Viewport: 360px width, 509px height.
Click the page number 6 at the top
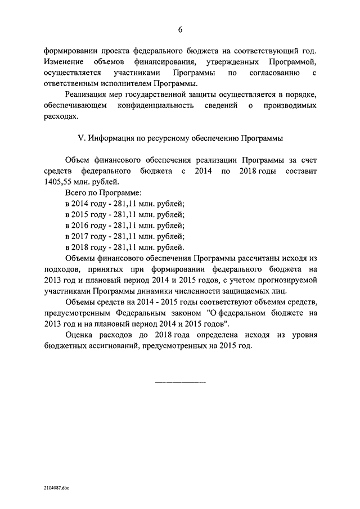pyautogui.click(x=180, y=29)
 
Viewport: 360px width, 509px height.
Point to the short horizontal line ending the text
pyautogui.click(x=180, y=382)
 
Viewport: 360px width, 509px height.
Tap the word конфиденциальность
pyautogui.click(x=164, y=105)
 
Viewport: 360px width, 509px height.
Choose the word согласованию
pyautogui.click(x=267, y=73)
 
